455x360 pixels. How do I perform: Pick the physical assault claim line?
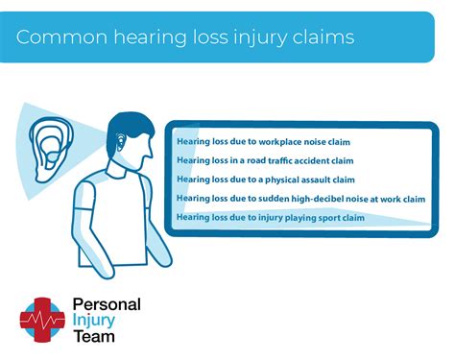[x=265, y=180]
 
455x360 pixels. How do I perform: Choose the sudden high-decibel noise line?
[x=299, y=199]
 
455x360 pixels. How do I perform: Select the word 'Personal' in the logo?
[x=107, y=304]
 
